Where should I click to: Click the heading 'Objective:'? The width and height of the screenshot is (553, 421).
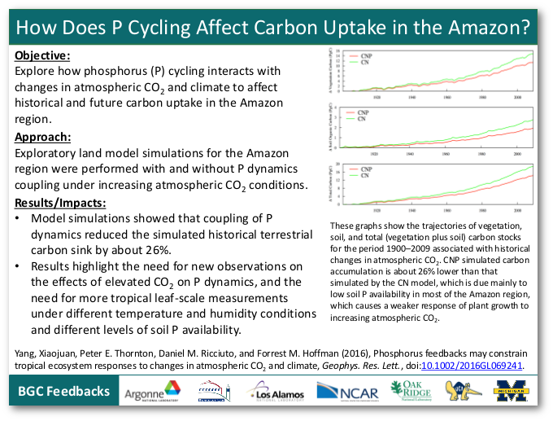point(42,56)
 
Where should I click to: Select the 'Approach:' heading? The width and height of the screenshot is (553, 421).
point(43,136)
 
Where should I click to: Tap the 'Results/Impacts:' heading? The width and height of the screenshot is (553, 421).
point(59,201)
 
